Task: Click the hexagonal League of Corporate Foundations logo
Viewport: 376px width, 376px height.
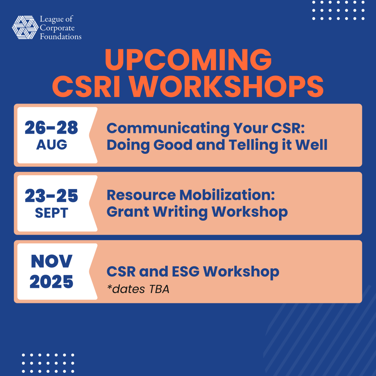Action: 25,27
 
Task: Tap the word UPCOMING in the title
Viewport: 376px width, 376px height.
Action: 188,59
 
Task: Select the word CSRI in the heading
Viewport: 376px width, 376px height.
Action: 86,86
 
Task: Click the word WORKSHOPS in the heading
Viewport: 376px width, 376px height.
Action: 227,86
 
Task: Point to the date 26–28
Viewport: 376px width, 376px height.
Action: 51,127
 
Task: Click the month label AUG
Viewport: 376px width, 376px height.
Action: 51,145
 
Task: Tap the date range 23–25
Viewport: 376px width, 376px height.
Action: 51,196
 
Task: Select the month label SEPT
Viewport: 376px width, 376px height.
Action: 51,213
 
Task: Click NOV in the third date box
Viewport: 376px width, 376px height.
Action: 51,261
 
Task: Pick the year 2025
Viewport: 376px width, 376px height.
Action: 51,282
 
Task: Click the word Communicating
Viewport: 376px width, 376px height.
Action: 168,129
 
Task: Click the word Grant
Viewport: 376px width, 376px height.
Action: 128,212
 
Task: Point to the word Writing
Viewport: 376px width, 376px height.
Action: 180,212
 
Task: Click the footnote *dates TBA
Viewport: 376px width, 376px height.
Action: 138,289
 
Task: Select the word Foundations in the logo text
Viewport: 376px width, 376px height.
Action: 61,36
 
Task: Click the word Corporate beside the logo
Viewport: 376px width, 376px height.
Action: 57,28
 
